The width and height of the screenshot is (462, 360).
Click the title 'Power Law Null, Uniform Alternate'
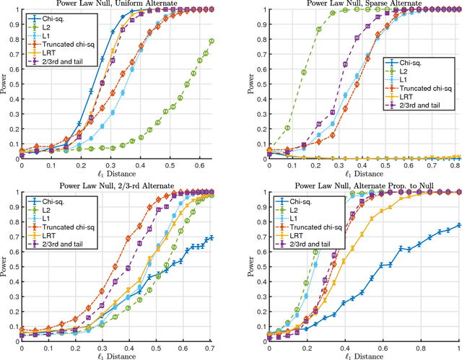click(x=117, y=4)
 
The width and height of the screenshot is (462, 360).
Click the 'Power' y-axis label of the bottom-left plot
click(x=5, y=264)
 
